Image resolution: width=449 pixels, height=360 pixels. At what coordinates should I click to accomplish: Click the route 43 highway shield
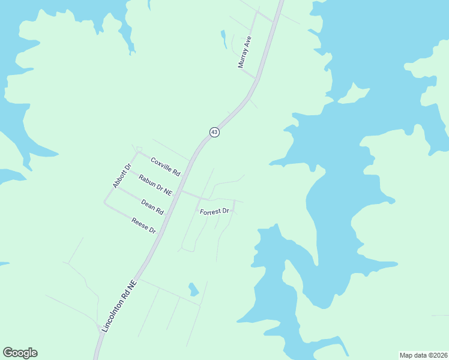click(214, 132)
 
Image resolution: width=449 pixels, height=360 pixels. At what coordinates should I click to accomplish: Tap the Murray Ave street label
click(245, 52)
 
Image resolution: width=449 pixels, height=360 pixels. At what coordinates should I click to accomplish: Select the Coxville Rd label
click(166, 166)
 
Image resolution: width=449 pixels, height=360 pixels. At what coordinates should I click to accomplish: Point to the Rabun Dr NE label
click(155, 185)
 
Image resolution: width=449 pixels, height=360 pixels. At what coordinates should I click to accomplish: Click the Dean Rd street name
click(152, 207)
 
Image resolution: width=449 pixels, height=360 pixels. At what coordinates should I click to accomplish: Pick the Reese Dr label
click(144, 226)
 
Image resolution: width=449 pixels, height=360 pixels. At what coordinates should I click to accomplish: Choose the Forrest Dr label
click(215, 212)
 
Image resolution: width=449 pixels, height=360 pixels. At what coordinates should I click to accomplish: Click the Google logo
click(20, 353)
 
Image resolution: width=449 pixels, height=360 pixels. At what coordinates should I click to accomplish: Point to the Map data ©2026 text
click(424, 355)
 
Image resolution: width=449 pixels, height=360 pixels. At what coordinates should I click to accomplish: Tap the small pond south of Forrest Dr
click(193, 290)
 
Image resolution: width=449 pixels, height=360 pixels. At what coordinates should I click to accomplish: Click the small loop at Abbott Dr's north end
click(139, 149)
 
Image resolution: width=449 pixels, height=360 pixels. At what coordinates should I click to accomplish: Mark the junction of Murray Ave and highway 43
click(257, 78)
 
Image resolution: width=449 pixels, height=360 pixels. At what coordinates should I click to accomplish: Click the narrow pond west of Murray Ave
click(223, 38)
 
